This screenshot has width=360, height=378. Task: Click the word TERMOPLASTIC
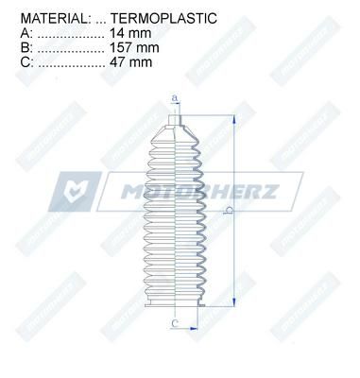coord(163,18)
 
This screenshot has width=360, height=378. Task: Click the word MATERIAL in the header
coord(53,18)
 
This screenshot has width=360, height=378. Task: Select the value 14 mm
coord(130,33)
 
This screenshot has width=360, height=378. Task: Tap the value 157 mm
coord(134,47)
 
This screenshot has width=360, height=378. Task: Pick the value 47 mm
coord(131,62)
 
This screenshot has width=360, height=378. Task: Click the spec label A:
coord(26,33)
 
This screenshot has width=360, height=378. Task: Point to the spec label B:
coord(26,47)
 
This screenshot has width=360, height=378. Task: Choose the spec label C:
coord(26,62)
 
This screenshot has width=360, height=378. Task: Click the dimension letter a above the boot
coord(176,98)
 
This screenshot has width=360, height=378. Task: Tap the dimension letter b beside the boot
coord(229,211)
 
